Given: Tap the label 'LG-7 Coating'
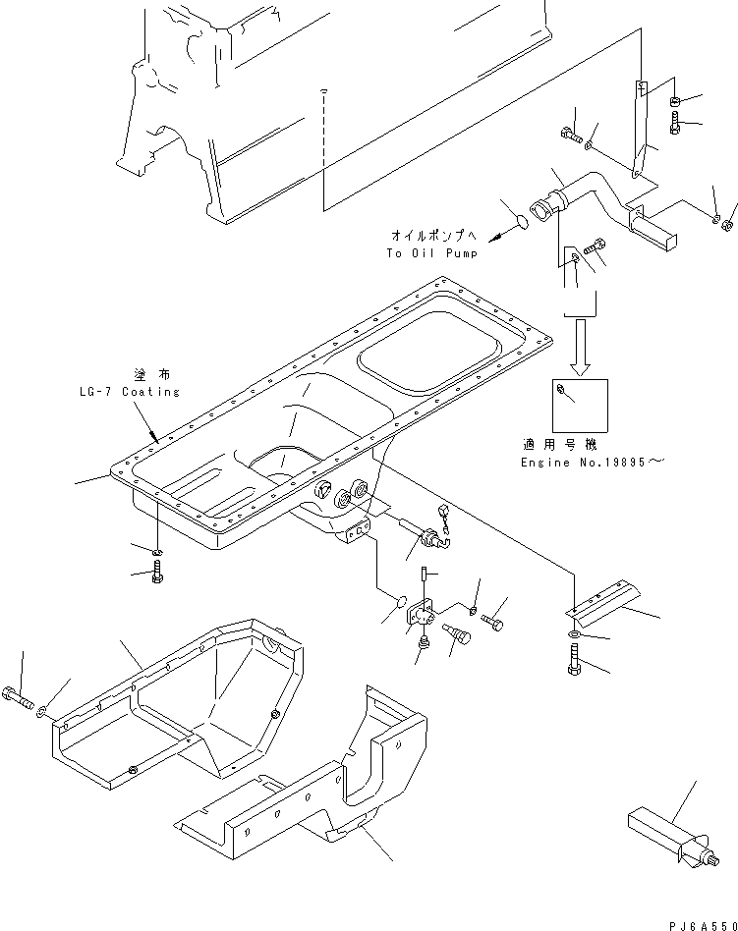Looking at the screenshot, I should [x=130, y=391].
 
